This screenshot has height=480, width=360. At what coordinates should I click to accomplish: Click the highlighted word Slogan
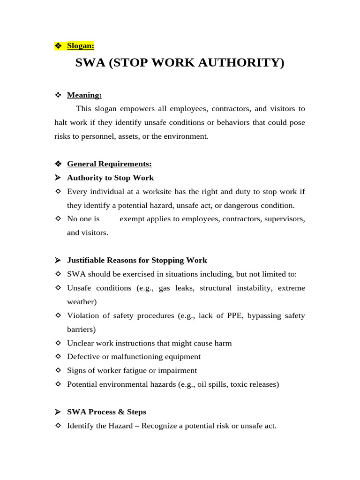click(80, 45)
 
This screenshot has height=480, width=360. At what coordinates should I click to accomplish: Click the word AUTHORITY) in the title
click(245, 63)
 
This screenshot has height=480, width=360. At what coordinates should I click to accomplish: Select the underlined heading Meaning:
click(84, 95)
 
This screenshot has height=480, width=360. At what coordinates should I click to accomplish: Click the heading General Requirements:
click(109, 164)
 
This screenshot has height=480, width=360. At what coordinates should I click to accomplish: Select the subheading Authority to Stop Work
click(110, 178)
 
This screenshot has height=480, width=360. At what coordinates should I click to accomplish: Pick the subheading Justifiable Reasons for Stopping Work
click(137, 260)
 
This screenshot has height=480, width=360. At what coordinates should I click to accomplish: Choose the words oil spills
click(214, 384)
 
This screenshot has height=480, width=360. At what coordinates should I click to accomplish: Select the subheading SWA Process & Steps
click(106, 412)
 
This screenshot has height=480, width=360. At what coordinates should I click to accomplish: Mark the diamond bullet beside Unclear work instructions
click(58, 343)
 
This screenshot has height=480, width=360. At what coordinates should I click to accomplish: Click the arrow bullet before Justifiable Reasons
click(58, 260)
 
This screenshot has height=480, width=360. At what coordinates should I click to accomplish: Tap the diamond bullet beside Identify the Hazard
click(58, 426)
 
